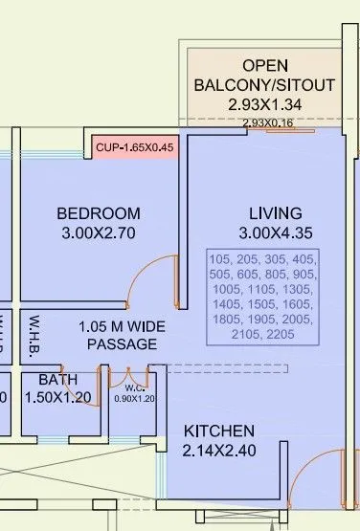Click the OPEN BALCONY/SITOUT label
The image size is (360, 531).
265,75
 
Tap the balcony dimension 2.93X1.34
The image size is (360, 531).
265,104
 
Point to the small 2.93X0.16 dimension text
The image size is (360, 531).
267,123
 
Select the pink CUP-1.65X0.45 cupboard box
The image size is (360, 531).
134,147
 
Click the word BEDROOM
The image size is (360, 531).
98,212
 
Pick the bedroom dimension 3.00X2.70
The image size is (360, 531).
98,232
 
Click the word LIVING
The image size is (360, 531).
275,212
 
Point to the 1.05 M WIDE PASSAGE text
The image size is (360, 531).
122,335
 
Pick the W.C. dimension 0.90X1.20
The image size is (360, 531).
134,398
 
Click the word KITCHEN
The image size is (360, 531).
219,431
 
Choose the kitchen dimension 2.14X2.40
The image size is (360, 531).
219,451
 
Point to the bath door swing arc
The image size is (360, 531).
84,383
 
